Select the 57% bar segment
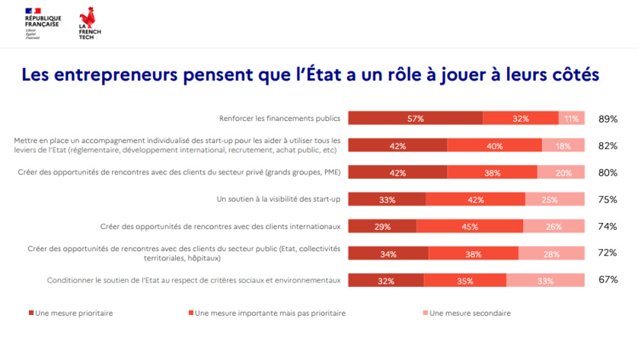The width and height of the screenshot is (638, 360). click(x=415, y=118)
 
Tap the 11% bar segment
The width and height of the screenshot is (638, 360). click(x=572, y=118)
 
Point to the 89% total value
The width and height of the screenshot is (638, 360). click(x=608, y=119)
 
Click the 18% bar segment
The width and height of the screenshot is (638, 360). click(x=563, y=145)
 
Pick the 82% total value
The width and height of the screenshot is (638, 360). click(x=608, y=145)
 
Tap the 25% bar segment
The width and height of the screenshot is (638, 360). click(x=555, y=199)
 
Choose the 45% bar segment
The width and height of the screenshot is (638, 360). click(x=470, y=226)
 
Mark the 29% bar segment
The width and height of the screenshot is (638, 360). click(x=382, y=226)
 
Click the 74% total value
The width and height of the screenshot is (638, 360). click(x=608, y=226)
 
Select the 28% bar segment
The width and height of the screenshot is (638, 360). click(x=551, y=253)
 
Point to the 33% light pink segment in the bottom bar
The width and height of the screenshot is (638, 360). click(x=545, y=280)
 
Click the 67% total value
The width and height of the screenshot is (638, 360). click(x=608, y=280)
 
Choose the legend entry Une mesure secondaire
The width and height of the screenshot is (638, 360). click(x=465, y=313)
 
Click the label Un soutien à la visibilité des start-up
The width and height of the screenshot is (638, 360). click(x=279, y=199)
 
